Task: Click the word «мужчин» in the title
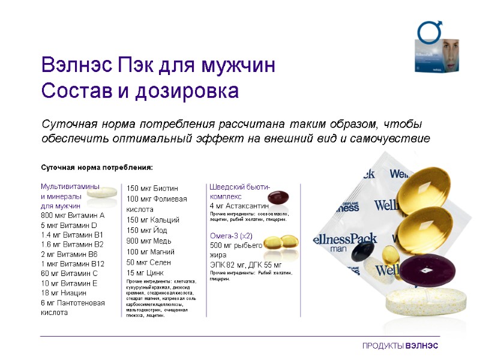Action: (239, 65)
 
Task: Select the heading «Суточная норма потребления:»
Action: (97, 167)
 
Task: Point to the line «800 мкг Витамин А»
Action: (73, 215)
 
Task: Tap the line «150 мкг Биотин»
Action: (152, 188)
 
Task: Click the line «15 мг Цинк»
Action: (142, 272)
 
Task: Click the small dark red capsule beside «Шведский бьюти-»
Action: (278, 198)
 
